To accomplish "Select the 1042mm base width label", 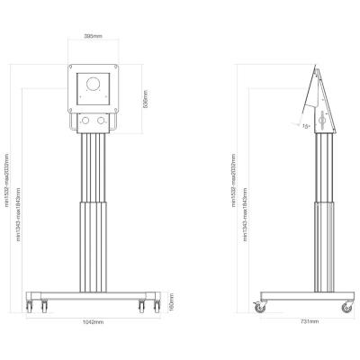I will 90,320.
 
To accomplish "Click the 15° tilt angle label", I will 306,127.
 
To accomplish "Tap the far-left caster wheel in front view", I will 31,305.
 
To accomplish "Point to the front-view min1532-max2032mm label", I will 8,180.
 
